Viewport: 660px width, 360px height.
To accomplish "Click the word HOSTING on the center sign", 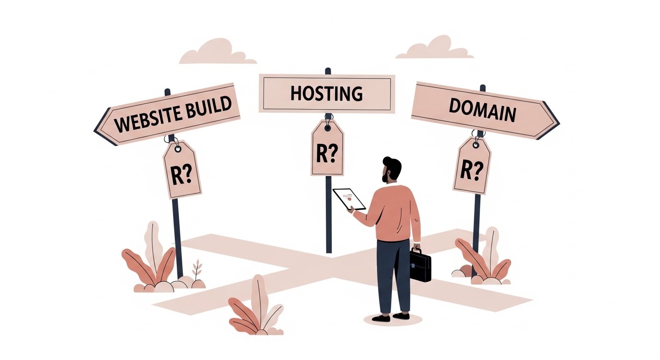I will [x=327, y=93].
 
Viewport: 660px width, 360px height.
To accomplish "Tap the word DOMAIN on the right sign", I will [x=482, y=112].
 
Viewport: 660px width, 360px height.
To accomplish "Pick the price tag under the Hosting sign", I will [x=327, y=149].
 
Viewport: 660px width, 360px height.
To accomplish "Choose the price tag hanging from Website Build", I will [x=182, y=170].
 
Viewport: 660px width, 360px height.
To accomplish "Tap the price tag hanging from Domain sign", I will [x=472, y=165].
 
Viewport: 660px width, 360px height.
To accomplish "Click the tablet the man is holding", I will [x=349, y=199].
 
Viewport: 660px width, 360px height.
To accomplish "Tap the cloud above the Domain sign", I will [x=434, y=48].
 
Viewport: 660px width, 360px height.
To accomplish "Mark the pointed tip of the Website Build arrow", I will [x=96, y=127].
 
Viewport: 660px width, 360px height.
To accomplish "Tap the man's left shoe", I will [x=381, y=318].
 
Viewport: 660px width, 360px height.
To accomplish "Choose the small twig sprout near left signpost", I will [x=197, y=270].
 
